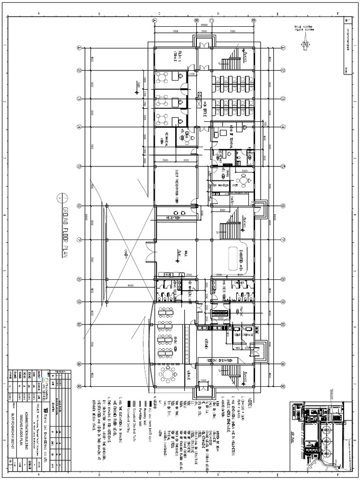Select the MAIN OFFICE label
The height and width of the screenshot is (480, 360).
205,110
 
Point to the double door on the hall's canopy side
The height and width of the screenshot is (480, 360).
150,253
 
